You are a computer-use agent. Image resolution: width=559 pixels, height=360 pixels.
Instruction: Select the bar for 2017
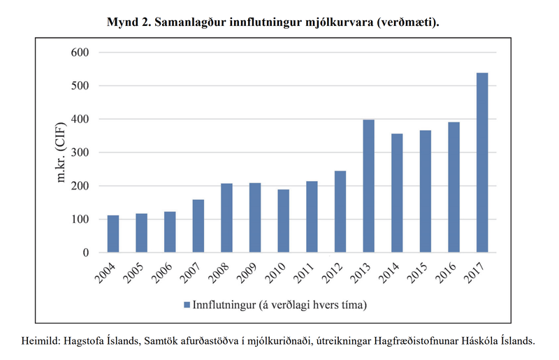pyautogui.click(x=481, y=163)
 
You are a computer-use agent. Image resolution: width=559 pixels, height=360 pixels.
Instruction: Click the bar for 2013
pyautogui.click(x=368, y=186)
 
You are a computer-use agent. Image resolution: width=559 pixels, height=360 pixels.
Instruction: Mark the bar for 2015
pyautogui.click(x=425, y=192)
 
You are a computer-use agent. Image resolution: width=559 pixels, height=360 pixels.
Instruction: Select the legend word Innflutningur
pyautogui.click(x=223, y=305)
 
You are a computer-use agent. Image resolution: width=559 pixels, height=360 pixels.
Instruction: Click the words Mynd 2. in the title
pyautogui.click(x=130, y=22)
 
